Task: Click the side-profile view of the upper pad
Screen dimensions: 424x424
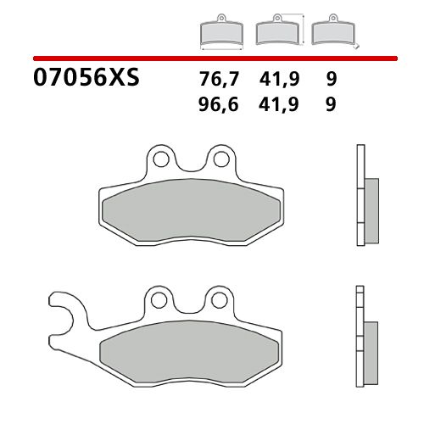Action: coord(362,199)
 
